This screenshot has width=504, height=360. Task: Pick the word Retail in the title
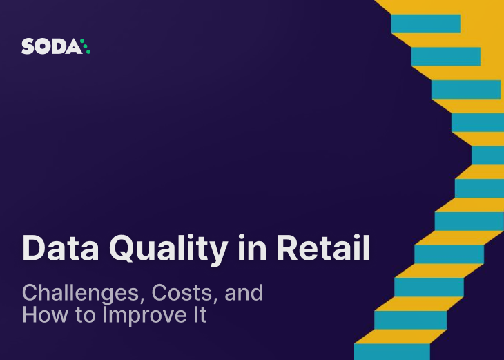click(322, 247)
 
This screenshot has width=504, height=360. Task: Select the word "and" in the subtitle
click(242, 293)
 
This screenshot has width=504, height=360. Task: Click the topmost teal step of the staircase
click(425, 23)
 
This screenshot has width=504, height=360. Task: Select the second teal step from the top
click(445, 57)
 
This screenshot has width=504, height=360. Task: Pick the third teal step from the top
click(465, 90)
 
